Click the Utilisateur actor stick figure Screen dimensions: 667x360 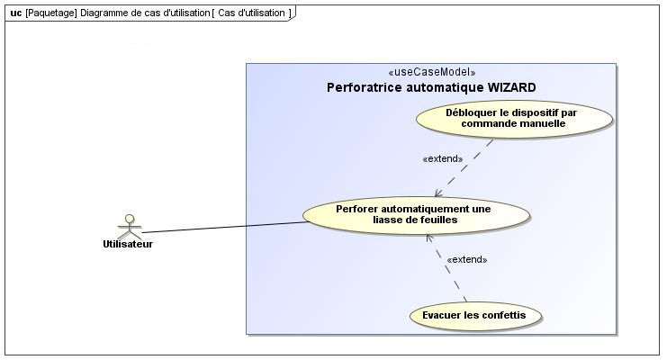[130, 227]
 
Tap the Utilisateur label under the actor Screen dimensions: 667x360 [128, 244]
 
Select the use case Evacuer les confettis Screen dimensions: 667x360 [475, 316]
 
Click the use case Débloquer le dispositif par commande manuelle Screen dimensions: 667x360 [514, 119]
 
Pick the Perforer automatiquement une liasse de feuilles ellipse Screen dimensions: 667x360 [416, 215]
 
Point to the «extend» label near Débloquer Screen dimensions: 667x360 [442, 158]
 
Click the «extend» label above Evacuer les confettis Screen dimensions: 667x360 [466, 259]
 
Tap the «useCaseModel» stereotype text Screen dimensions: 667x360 [432, 72]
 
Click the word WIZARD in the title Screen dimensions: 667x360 [511, 87]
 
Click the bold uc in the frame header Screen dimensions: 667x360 [15, 13]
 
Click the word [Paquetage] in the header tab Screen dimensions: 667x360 [51, 13]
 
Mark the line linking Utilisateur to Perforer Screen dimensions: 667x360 [225, 227]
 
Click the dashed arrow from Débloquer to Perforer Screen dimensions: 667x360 [464, 168]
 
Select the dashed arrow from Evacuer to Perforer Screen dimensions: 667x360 [446, 268]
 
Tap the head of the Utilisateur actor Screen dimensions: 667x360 [130, 219]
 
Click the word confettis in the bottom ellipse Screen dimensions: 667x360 [504, 315]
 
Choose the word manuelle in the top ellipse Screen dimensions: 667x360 [544, 124]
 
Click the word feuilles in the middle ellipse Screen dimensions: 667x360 [438, 220]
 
